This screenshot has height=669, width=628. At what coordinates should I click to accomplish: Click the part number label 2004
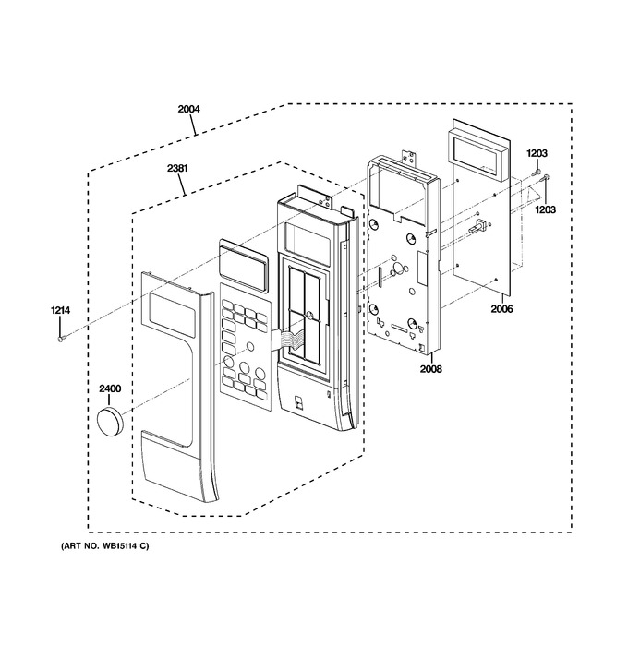(188, 109)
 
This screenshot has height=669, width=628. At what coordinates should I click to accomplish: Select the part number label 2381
(177, 169)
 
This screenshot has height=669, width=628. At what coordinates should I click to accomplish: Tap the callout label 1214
(61, 310)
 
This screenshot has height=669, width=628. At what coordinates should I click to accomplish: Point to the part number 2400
(110, 388)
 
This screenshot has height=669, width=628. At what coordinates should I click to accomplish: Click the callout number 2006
(501, 308)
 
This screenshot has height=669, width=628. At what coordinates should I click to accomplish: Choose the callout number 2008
(430, 368)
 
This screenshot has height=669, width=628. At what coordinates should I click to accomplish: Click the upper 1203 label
(537, 153)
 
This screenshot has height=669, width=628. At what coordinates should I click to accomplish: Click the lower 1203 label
(546, 209)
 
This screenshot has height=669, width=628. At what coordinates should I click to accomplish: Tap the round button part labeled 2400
(110, 421)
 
